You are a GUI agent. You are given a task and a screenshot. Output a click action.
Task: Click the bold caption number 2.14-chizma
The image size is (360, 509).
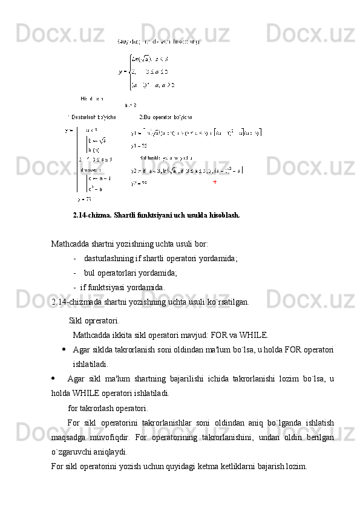pos(92,215)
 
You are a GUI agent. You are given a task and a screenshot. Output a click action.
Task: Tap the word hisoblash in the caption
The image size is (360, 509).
pos(223,215)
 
